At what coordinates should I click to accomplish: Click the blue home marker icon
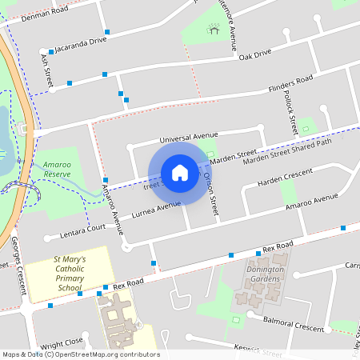coord(180,172)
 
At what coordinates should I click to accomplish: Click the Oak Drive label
coord(255,53)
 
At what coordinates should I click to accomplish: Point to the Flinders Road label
coord(290,83)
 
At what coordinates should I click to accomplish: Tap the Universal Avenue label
coord(189,138)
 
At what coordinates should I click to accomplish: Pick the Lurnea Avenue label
coord(157,209)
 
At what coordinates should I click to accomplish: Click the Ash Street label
coord(46,72)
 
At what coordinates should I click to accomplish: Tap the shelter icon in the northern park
coord(214,31)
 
